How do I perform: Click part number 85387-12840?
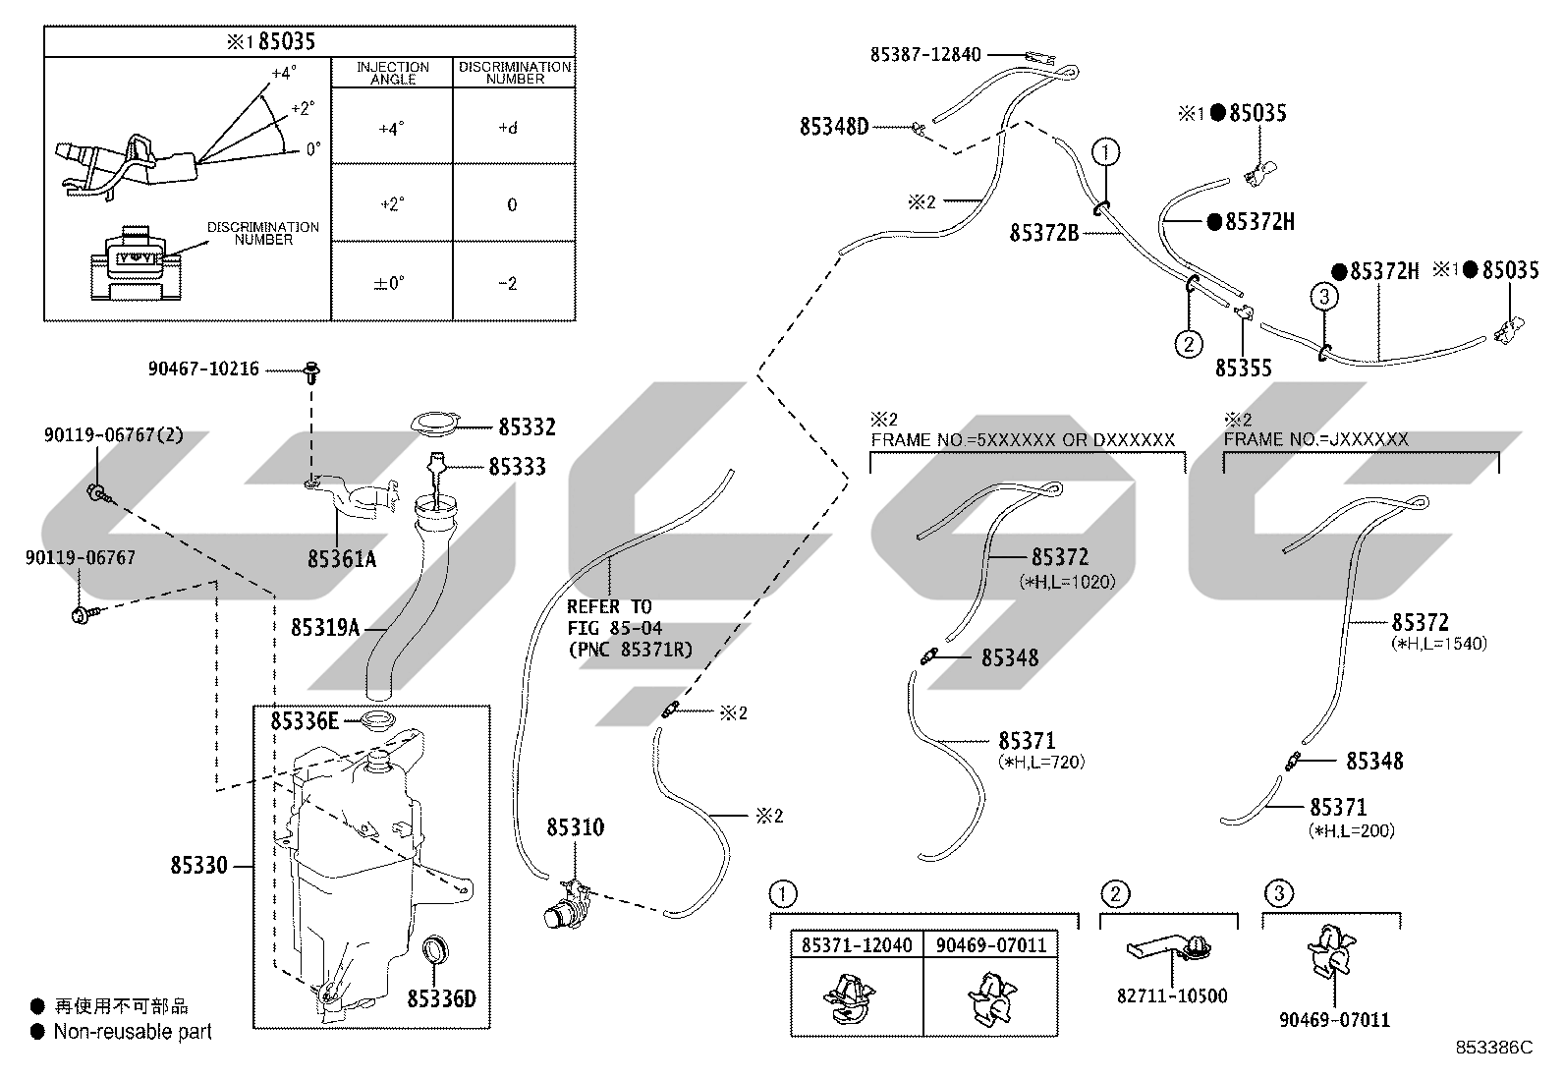click(x=925, y=54)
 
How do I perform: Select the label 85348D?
click(x=834, y=127)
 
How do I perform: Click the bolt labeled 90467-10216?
click(x=312, y=372)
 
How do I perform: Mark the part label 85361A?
click(x=342, y=559)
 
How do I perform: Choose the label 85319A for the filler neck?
click(x=325, y=627)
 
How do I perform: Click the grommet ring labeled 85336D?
click(x=436, y=948)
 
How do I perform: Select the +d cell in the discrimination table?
click(x=508, y=128)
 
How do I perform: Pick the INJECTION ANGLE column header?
click(x=392, y=73)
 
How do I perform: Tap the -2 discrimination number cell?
click(x=508, y=283)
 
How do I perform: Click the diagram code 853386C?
click(x=1493, y=1048)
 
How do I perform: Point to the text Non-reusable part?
click(x=133, y=1031)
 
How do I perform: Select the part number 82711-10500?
click(x=1172, y=995)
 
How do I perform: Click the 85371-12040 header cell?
click(x=857, y=945)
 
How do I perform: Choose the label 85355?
click(x=1244, y=368)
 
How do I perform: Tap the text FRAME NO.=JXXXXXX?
click(x=1316, y=439)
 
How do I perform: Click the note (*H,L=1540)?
click(x=1439, y=643)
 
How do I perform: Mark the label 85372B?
click(x=1044, y=233)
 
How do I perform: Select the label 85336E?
click(x=305, y=721)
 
